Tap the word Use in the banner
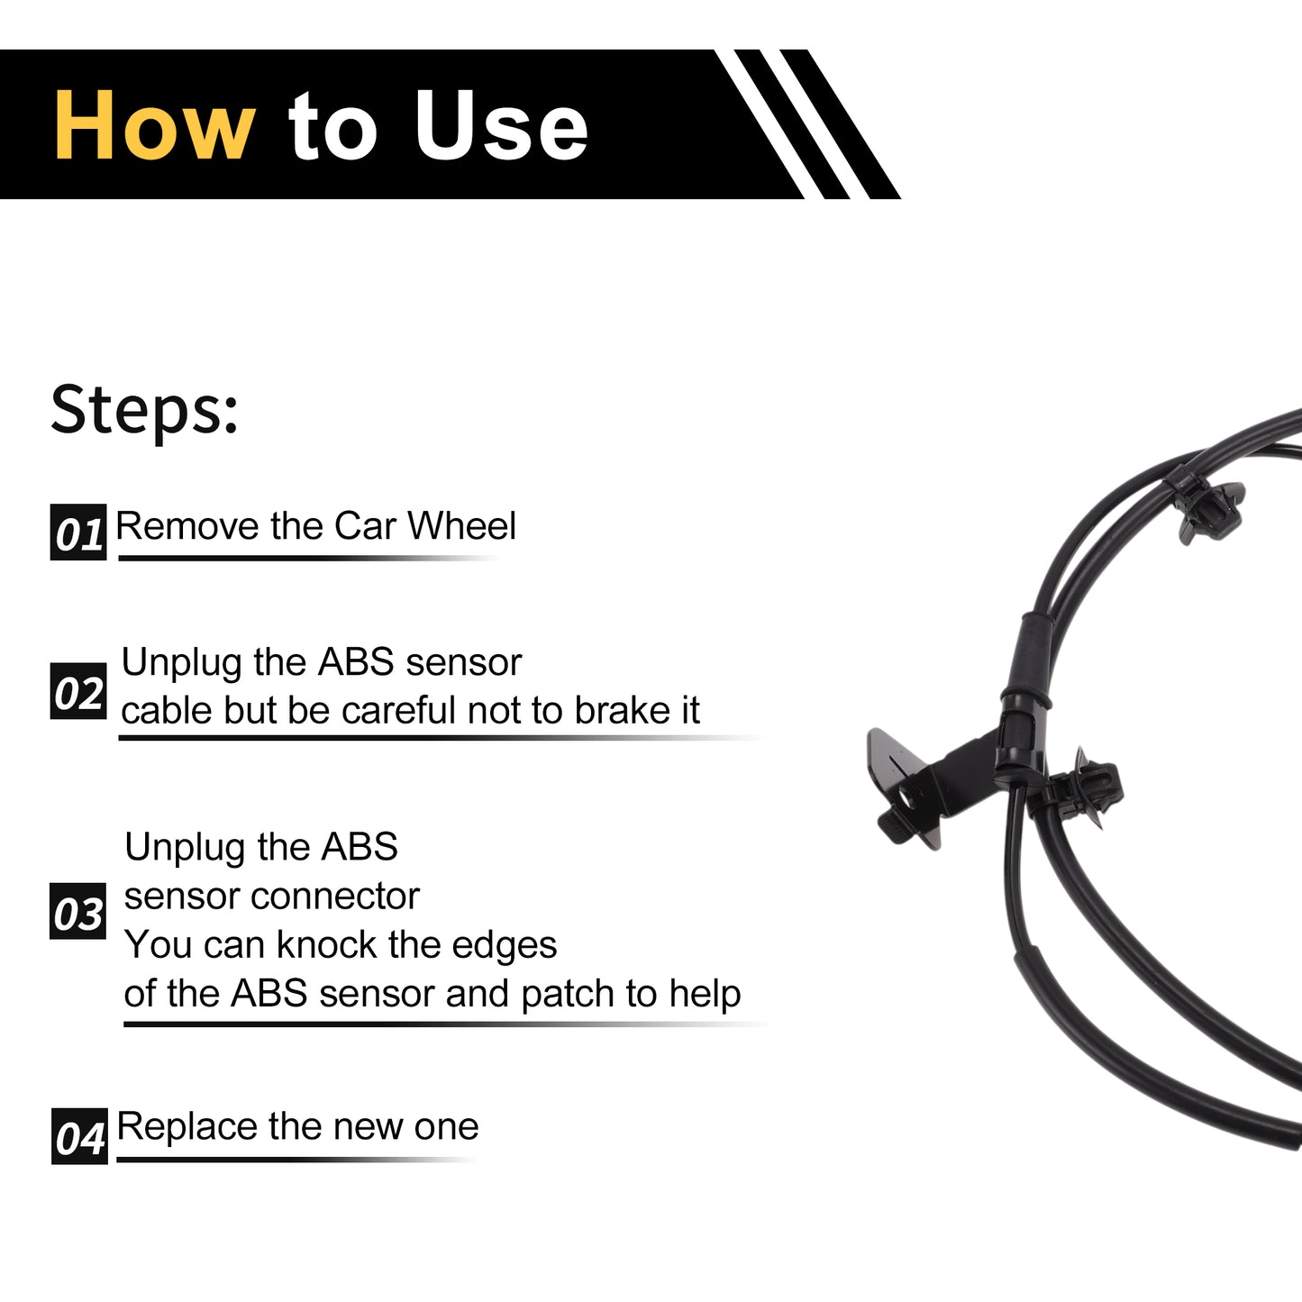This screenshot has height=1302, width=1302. coord(501,125)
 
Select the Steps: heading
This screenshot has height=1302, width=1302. coord(144,411)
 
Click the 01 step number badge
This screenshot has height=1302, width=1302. coord(78,532)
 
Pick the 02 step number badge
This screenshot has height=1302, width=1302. coord(78,691)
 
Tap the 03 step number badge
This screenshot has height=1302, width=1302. coord(77,911)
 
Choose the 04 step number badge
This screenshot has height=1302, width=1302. coord(79,1136)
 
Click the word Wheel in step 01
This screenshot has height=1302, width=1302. coord(461,525)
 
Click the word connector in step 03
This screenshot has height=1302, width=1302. coord(335,896)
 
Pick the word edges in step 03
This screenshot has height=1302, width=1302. coord(504,945)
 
